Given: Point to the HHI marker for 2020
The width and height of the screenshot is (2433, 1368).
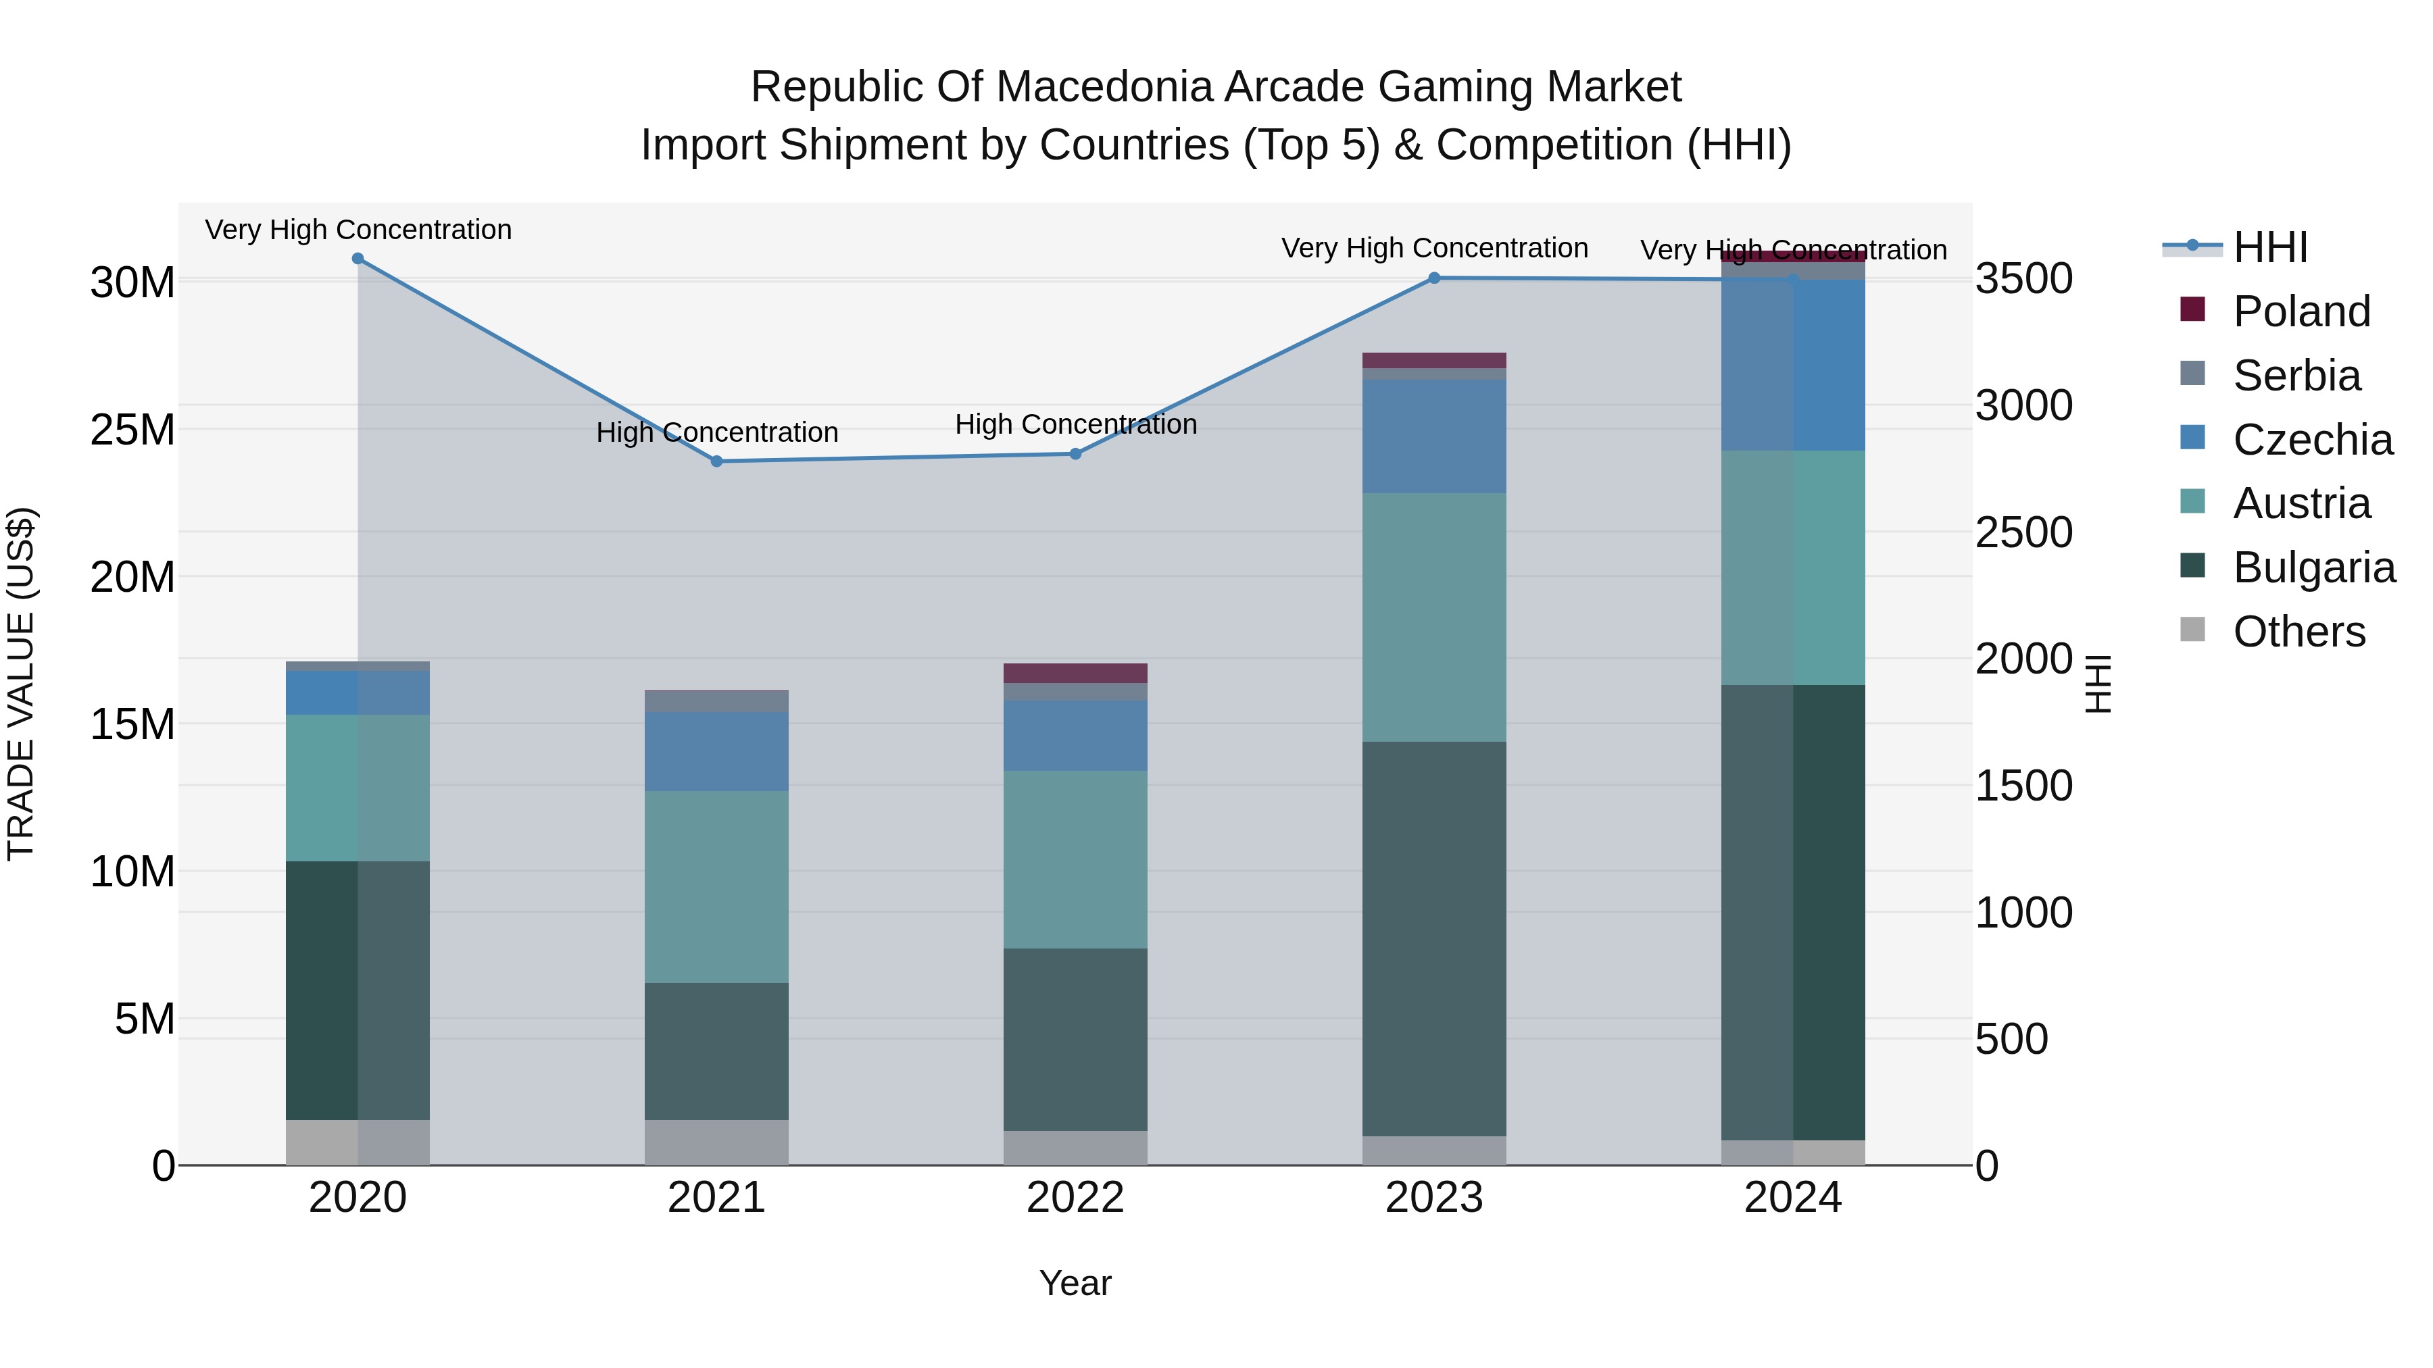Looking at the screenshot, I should [358, 259].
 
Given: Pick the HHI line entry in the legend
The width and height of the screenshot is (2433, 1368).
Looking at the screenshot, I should [2269, 247].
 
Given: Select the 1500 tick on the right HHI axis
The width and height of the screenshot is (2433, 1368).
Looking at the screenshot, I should [2024, 786].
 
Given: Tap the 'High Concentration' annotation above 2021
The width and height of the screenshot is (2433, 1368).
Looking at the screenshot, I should [717, 432].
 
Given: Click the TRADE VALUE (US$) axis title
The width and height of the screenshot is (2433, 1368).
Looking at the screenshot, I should [21, 684].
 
